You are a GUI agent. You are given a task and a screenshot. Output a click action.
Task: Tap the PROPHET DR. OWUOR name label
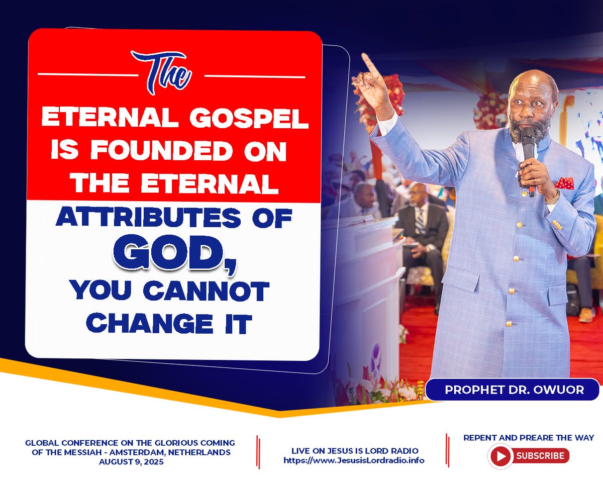click(x=514, y=390)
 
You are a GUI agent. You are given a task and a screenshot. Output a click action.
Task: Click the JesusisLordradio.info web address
click(x=354, y=460)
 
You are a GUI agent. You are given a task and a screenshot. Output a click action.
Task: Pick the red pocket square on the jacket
click(x=564, y=183)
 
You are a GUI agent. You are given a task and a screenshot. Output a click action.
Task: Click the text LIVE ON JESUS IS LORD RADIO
click(x=355, y=451)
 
